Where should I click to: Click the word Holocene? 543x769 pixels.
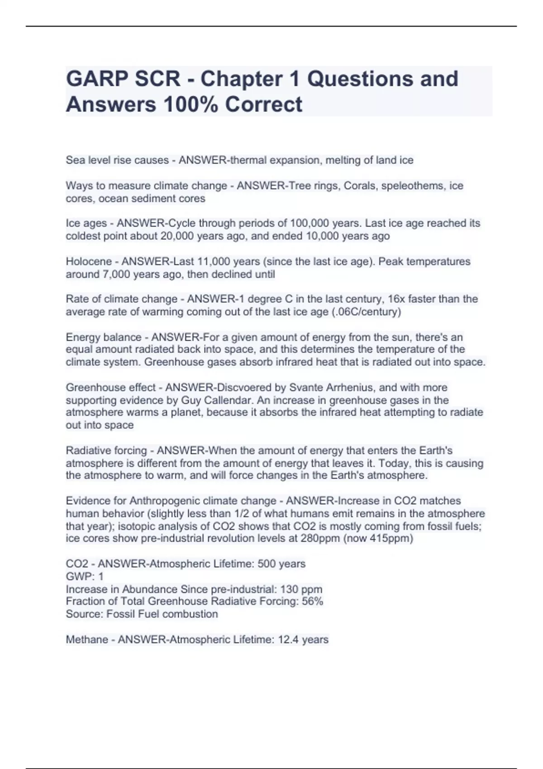[89, 261]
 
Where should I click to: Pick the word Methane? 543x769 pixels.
[86, 640]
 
